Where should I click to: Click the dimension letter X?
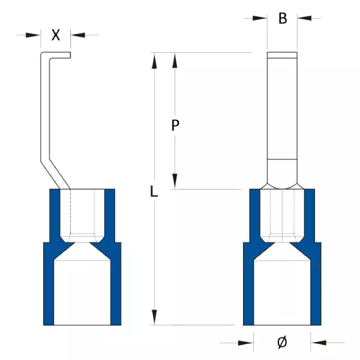(56, 35)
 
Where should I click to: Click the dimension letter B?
(283, 19)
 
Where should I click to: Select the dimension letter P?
(175, 125)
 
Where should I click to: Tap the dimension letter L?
(154, 191)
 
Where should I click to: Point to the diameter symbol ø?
(282, 343)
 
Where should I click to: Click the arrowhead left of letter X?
(33, 35)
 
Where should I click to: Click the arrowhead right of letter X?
(78, 35)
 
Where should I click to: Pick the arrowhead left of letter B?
(260, 18)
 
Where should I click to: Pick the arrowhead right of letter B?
(304, 18)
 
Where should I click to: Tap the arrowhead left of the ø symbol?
(246, 343)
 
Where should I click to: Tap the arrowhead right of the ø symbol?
(318, 343)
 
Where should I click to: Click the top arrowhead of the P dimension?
(175, 61)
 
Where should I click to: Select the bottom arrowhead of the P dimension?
(175, 181)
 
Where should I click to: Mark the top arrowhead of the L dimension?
(155, 61)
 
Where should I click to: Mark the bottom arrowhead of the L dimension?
(155, 317)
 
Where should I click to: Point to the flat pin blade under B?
(282, 106)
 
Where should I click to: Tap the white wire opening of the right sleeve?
(282, 293)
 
